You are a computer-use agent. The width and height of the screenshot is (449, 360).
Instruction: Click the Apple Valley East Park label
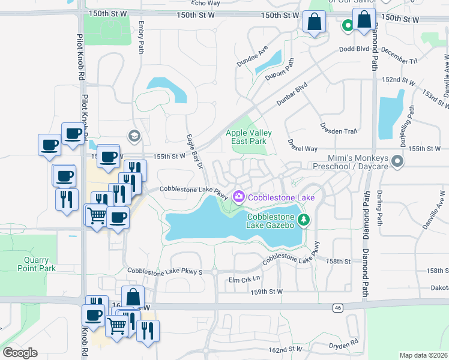[249, 137]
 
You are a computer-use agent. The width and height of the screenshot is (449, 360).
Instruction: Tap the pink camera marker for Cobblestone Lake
[239, 197]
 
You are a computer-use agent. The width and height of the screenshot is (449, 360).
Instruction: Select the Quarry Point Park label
[40, 264]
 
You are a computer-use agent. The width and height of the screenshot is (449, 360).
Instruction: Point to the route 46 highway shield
[338, 307]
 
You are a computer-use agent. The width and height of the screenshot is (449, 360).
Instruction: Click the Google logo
[20, 353]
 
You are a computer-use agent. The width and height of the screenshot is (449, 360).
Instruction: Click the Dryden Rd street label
[343, 345]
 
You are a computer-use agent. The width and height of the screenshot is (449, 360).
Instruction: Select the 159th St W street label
[267, 292]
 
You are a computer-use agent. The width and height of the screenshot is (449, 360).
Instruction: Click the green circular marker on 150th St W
[348, 26]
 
